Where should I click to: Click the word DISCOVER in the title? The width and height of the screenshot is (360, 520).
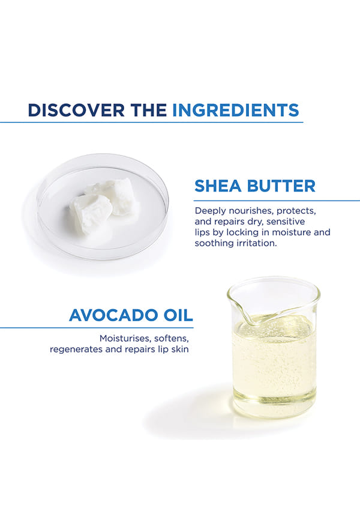coord(76,110)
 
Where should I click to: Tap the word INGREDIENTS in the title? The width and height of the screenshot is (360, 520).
coord(236,110)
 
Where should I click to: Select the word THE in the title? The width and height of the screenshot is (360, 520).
coord(149,110)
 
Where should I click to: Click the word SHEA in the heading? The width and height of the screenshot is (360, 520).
coord(218,186)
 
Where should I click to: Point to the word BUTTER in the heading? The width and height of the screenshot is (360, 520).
coord(281,186)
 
